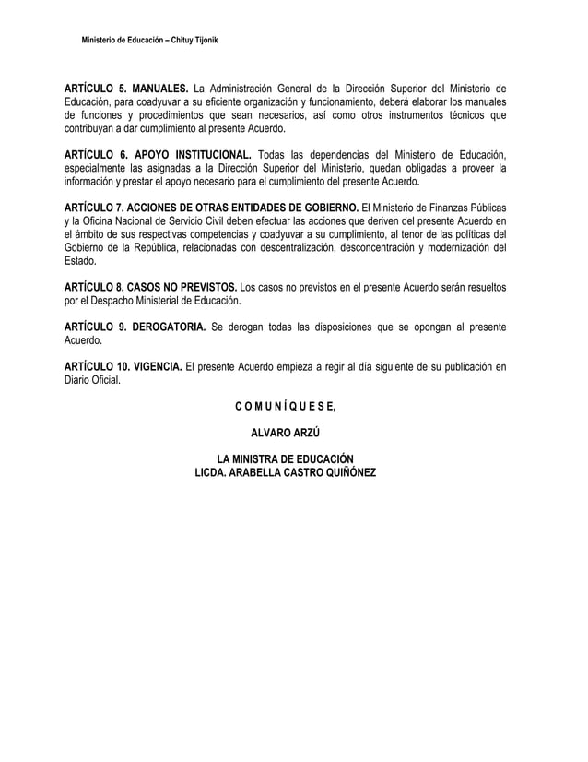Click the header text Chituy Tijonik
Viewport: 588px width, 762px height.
coord(188,43)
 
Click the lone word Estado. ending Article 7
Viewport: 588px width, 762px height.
coord(81,261)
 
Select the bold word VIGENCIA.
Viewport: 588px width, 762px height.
coord(155,367)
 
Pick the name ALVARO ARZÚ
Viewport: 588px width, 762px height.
coord(284,432)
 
